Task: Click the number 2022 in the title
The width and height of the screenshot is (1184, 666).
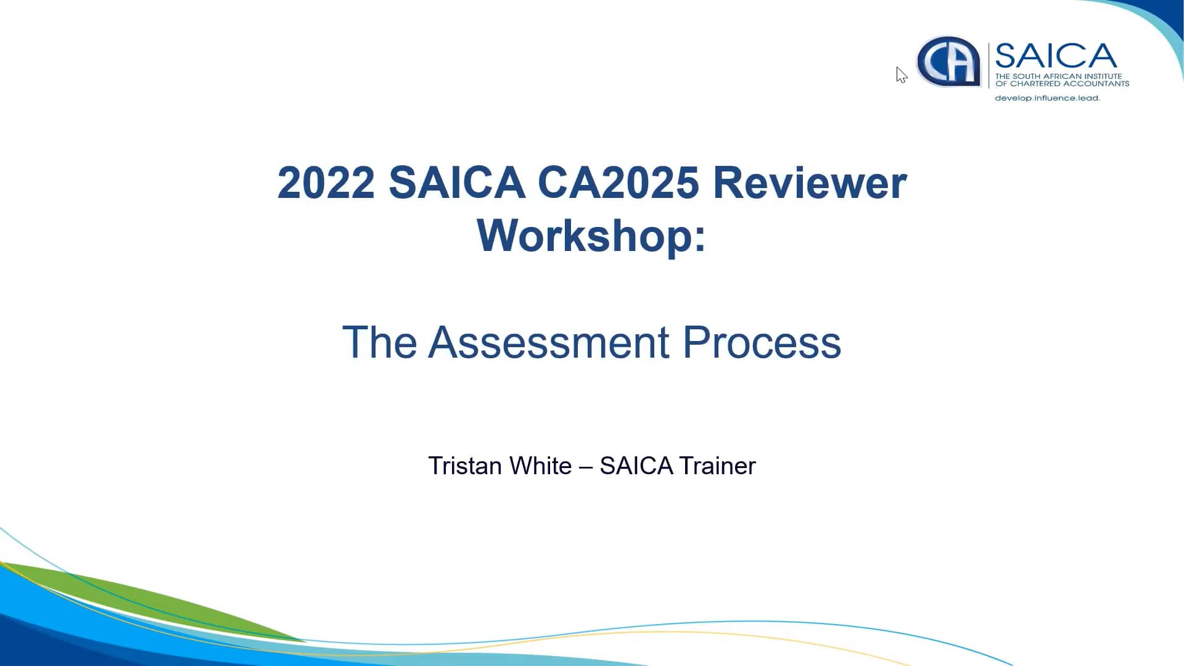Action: coord(326,183)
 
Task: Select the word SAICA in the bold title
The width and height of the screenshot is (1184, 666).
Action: coord(456,183)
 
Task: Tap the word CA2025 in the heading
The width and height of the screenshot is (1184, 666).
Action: coord(618,183)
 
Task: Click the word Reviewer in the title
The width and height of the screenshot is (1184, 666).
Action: coord(810,183)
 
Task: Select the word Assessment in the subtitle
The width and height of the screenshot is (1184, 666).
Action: coord(548,342)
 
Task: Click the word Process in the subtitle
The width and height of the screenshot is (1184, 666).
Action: coord(762,342)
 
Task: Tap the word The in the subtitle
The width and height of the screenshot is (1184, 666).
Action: coord(379,342)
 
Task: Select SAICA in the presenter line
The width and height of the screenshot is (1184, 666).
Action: coord(636,466)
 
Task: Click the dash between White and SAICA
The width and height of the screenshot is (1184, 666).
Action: coord(585,466)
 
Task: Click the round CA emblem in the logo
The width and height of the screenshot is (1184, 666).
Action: coord(948,62)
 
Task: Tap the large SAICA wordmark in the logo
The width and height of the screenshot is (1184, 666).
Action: coord(1056,56)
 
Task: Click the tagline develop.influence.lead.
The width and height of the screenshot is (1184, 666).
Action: coord(1047,98)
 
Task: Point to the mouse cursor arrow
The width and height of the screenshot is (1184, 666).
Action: coord(901,75)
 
